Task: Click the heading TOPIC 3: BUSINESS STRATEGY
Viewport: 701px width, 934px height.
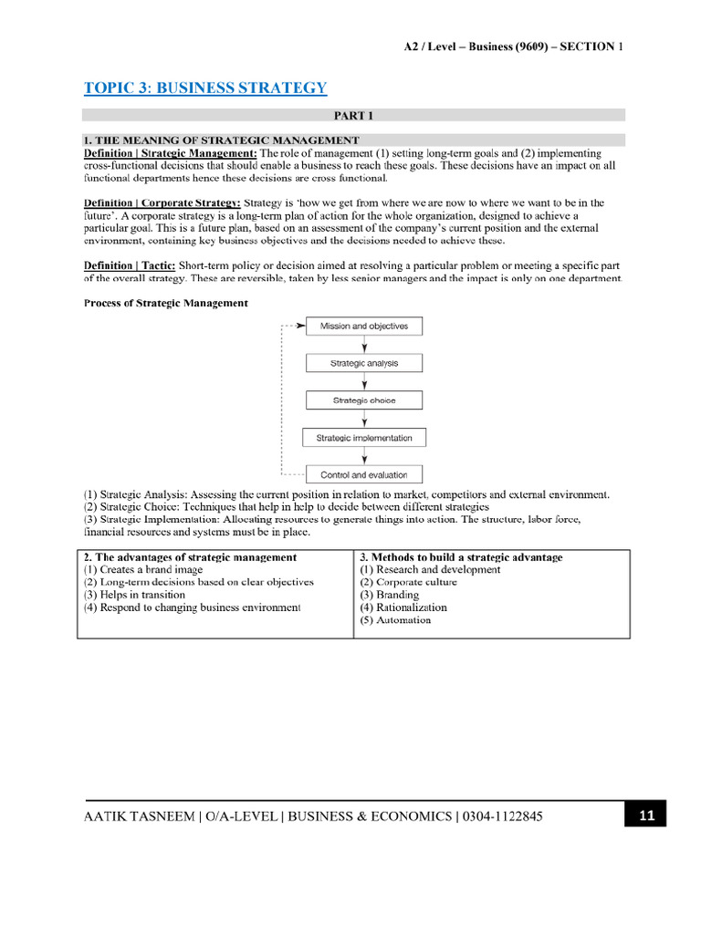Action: click(204, 88)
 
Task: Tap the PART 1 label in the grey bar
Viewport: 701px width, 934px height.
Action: click(353, 115)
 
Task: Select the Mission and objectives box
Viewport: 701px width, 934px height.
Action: click(364, 326)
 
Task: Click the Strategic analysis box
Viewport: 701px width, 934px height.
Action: click(364, 363)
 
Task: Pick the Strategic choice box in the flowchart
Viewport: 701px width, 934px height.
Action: click(364, 400)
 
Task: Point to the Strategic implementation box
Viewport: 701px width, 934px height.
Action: click(364, 438)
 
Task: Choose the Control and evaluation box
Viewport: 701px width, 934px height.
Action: click(364, 474)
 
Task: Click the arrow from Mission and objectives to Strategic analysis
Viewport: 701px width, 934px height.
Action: click(365, 345)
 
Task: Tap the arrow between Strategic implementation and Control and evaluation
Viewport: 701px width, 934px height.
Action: click(365, 456)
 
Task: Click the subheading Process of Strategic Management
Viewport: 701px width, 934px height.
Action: click(165, 303)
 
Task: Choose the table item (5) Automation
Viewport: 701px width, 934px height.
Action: click(395, 619)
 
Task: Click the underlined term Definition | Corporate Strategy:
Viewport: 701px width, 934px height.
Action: click(162, 202)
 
